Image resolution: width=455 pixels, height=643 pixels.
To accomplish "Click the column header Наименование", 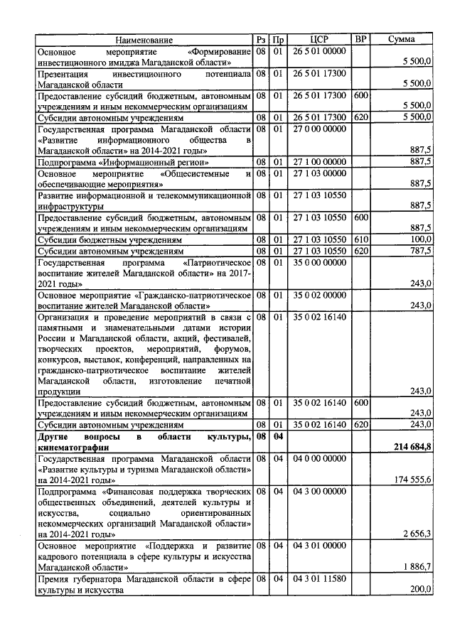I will [x=144, y=40].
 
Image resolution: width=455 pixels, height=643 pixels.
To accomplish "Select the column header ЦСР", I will [x=319, y=40].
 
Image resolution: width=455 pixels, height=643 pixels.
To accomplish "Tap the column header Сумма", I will [x=401, y=40].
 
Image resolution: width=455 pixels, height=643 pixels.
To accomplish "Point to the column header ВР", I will [x=360, y=40].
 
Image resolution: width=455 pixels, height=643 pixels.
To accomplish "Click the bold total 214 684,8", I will [x=412, y=445].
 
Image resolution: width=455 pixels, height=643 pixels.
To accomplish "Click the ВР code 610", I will [x=360, y=240].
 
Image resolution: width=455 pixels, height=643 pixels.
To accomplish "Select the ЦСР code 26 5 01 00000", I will [x=319, y=51].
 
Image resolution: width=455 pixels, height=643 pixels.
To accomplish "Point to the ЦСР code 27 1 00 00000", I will [x=319, y=161].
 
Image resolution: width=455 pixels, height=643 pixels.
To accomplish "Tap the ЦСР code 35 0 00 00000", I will [x=319, y=262].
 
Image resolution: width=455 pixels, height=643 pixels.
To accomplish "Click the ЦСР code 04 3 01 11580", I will [x=319, y=578].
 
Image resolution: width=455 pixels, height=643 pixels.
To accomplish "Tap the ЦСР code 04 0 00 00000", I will [x=319, y=458].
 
